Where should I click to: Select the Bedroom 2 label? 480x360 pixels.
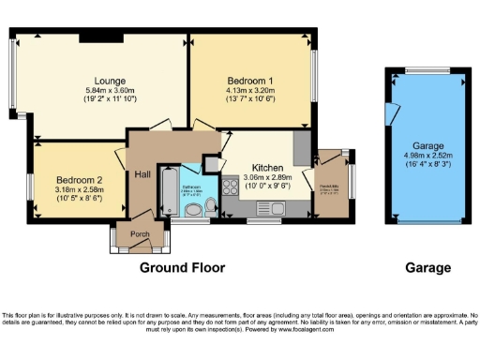(x=78, y=180)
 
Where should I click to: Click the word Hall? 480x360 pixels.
(x=142, y=174)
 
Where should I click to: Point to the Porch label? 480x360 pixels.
(x=141, y=234)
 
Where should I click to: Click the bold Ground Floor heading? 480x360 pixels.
(x=183, y=267)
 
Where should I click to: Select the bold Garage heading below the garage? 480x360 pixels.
(x=427, y=267)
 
